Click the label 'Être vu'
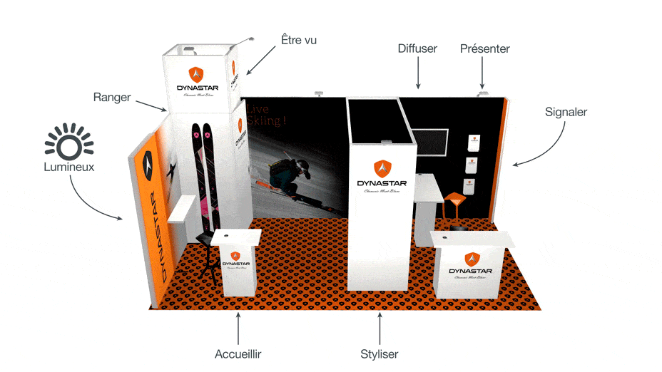(x=300, y=41)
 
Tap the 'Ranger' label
(x=112, y=97)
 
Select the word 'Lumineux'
(x=68, y=167)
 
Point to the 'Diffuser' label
(x=417, y=48)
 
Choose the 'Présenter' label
(x=485, y=48)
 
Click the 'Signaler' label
(x=566, y=112)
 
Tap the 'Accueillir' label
(x=238, y=353)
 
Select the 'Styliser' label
(x=380, y=353)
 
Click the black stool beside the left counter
(x=207, y=257)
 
